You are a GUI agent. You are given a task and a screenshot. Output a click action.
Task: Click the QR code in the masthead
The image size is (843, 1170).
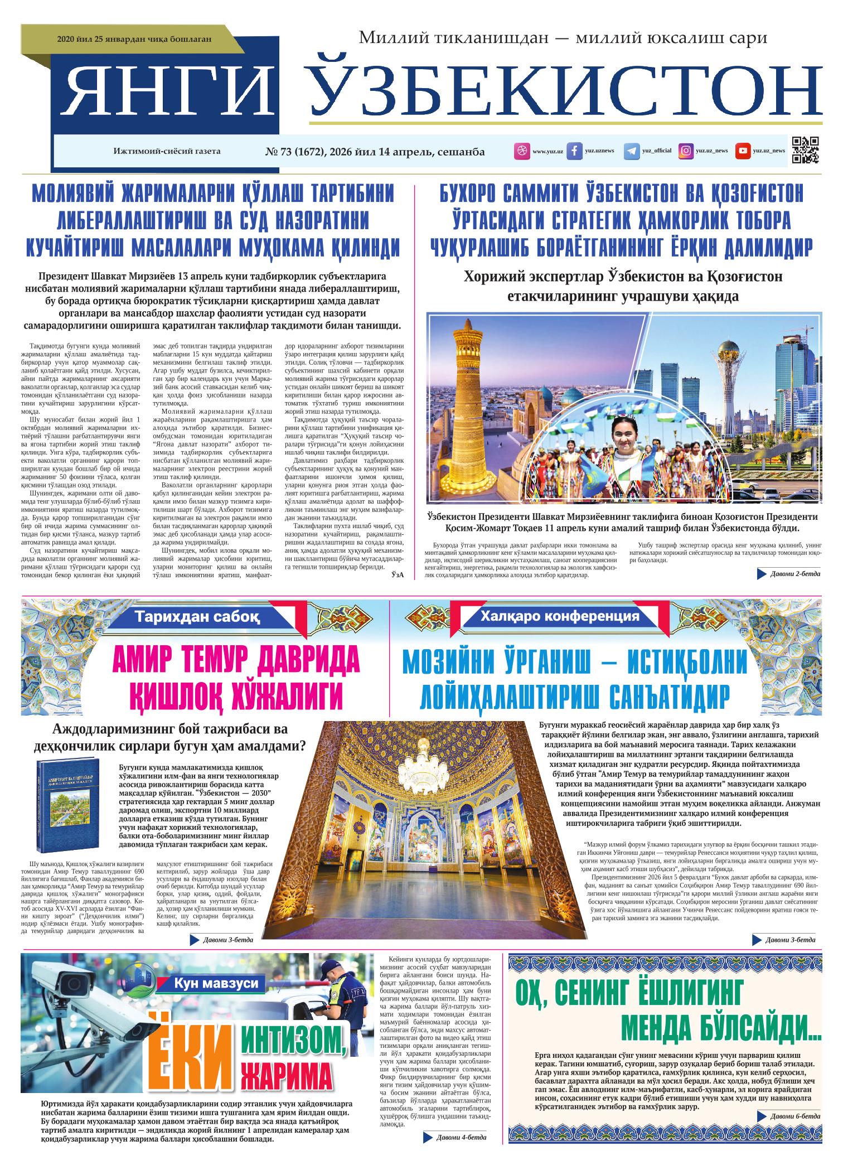coord(806,151)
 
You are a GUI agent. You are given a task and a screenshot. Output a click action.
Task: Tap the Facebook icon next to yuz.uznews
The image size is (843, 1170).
coord(574,151)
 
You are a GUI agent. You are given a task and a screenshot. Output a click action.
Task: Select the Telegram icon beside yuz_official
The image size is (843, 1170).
coord(631,151)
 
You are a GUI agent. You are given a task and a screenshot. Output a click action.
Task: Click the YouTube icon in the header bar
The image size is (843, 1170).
coord(742,151)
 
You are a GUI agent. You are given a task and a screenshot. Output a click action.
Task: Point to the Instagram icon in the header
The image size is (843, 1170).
coord(686,151)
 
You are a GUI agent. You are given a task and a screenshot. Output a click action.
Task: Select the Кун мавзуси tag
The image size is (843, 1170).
coord(216,984)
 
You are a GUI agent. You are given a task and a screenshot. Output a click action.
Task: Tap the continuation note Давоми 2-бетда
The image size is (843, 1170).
coord(794,574)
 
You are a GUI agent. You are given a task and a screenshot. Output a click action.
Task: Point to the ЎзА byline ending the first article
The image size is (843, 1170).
coord(397,574)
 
